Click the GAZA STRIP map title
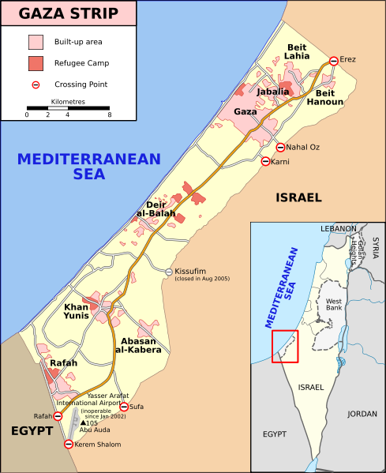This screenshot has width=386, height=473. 69,13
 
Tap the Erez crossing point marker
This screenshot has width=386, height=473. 334,61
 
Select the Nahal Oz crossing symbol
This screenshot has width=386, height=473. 280,147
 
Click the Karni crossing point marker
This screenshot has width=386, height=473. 265,162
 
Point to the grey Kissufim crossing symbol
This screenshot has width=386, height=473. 169,272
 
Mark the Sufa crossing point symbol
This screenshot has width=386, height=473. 123,407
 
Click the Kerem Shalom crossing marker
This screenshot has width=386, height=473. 68,444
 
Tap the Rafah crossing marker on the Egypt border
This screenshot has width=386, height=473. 58,416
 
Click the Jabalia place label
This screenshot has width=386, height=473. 272,92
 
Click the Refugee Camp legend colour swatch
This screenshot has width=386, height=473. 36,62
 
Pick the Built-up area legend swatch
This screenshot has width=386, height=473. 36,41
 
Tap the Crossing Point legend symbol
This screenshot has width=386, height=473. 36,84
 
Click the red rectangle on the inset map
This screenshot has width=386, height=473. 284,346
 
